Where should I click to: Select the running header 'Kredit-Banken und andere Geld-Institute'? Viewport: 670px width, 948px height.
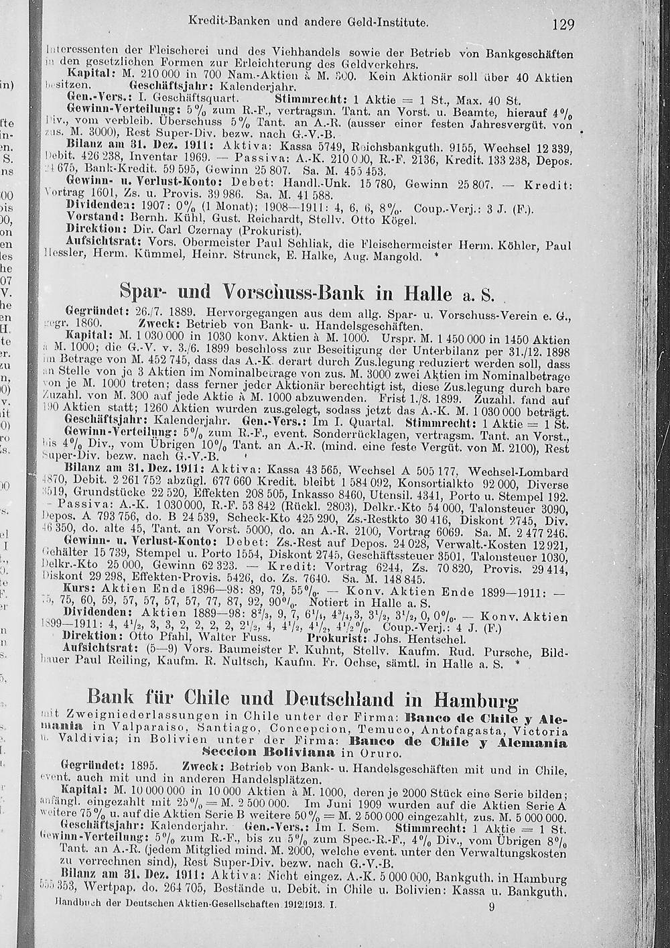[x=317, y=22]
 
